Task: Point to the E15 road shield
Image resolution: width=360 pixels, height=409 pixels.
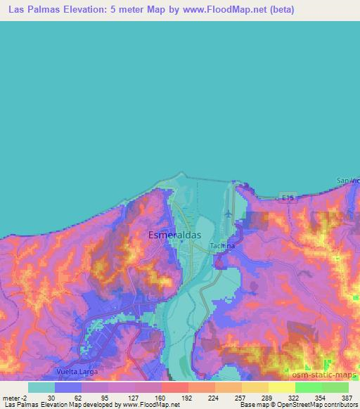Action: pos(287,200)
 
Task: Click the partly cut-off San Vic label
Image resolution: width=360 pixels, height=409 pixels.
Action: pos(347,181)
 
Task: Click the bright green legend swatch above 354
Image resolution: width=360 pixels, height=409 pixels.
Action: pos(309,387)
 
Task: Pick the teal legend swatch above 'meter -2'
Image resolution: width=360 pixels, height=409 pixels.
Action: pos(41,387)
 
